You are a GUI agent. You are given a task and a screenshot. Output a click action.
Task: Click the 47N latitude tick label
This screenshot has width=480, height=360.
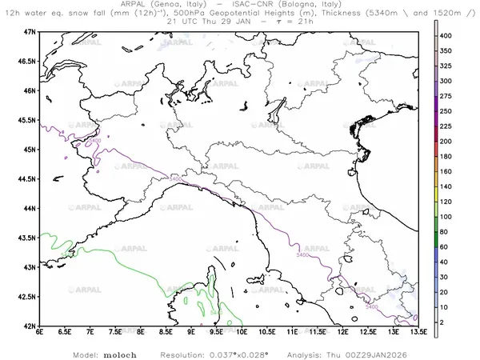(x=29, y=31)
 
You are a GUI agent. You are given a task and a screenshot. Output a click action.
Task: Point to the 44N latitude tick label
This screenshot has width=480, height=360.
(x=29, y=208)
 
